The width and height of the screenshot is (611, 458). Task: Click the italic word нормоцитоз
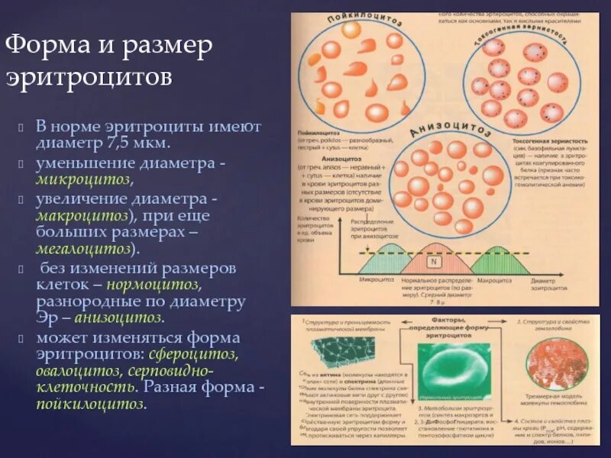coord(154,284)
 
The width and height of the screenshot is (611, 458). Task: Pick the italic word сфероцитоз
coord(201,354)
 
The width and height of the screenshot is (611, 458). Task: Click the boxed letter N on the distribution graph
coord(434,262)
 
